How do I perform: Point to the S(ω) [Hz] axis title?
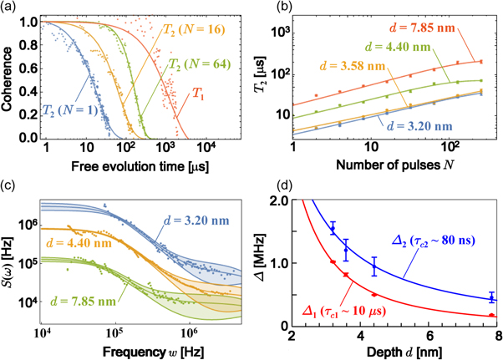pos(9,261)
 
